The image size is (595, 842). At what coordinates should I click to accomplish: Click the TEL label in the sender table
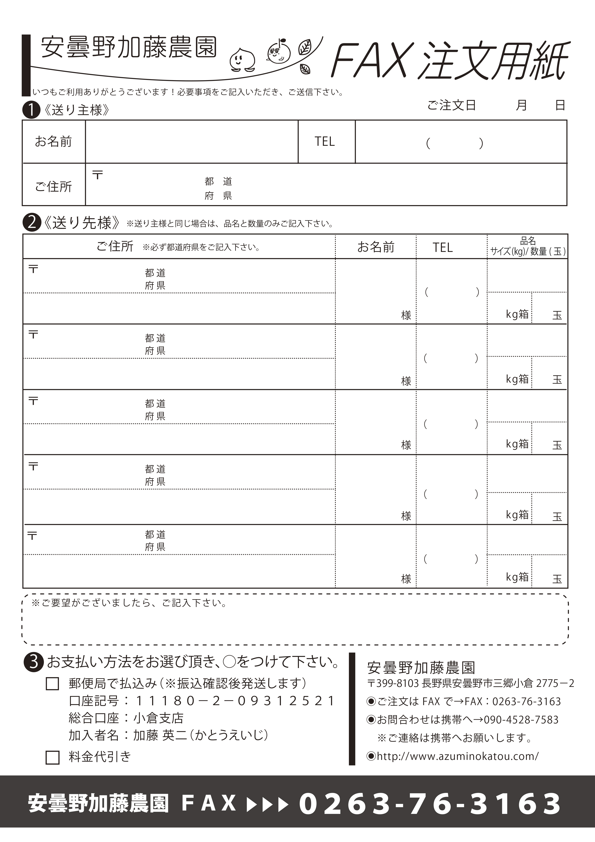tap(324, 142)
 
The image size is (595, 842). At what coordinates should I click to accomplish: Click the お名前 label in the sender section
tap(54, 142)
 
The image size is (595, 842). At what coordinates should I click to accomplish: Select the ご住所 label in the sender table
tap(54, 186)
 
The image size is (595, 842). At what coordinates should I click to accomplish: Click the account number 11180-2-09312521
tap(235, 701)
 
